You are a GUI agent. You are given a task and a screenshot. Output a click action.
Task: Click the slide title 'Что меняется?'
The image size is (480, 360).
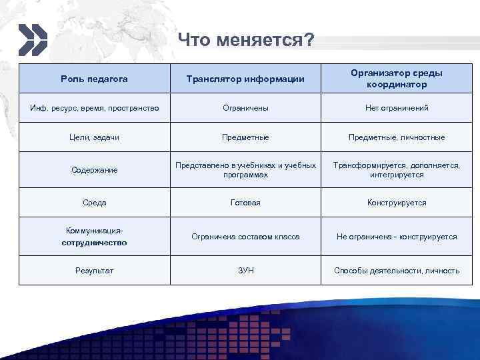(246, 41)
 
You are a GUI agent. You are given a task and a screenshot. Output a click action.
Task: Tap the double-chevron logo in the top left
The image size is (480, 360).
(33, 39)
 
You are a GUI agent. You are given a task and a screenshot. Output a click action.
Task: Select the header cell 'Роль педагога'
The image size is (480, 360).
(94, 79)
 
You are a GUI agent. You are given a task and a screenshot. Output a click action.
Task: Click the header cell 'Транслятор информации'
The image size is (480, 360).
(245, 79)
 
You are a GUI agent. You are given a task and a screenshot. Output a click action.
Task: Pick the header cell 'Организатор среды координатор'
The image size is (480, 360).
(396, 79)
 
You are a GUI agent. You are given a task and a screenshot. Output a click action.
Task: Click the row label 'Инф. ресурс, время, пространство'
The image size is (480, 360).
(94, 107)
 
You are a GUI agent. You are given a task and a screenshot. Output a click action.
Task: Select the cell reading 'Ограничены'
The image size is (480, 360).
(245, 107)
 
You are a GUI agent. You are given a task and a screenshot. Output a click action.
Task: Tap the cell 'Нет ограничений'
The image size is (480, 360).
(396, 107)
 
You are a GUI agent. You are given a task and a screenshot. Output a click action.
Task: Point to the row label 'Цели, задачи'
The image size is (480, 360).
(94, 137)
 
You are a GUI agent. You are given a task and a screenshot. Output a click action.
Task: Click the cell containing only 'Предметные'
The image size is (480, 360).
(245, 137)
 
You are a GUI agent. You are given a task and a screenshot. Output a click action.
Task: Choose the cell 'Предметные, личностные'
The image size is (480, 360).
(396, 137)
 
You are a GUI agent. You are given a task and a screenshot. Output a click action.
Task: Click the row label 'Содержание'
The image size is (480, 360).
(94, 170)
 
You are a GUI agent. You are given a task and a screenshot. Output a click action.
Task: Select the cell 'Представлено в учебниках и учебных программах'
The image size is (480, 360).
(245, 170)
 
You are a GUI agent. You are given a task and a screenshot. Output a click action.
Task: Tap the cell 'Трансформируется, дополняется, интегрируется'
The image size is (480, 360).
(396, 170)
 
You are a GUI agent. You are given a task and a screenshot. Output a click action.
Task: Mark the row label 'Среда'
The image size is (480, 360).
(94, 203)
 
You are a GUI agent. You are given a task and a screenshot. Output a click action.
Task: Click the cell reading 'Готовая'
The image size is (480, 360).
(245, 203)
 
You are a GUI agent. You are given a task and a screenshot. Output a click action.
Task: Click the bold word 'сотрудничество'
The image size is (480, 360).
(94, 243)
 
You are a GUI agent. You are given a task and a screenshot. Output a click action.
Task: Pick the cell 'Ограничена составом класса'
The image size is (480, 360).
(245, 237)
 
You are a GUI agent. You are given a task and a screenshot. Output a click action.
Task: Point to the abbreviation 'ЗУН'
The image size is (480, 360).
(245, 271)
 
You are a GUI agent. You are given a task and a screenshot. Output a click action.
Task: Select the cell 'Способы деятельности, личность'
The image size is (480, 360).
(396, 271)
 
